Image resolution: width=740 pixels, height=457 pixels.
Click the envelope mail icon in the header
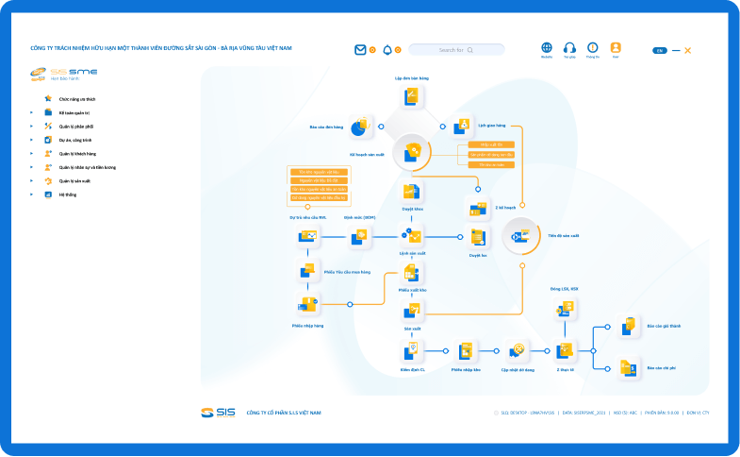[x=360, y=50]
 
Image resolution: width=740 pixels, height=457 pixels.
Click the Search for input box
[x=456, y=50]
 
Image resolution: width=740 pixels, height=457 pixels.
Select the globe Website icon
[x=547, y=47]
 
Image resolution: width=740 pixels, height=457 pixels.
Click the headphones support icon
[x=569, y=47]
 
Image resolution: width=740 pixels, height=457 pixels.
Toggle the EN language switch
[x=660, y=50]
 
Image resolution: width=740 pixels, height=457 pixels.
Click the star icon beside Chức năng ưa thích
[x=47, y=98]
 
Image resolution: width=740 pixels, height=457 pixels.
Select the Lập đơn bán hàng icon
[x=412, y=95]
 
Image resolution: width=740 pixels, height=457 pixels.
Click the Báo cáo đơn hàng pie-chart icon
[x=359, y=126]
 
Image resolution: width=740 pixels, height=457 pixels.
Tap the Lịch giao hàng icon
[x=463, y=125]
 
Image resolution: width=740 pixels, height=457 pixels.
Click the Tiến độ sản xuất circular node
[x=521, y=236]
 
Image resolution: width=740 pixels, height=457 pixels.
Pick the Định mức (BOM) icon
[x=359, y=236]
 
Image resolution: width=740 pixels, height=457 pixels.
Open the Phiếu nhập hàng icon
[x=307, y=304]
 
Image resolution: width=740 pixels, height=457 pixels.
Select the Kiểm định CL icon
[x=412, y=351]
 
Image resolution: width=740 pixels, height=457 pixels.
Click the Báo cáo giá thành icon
[x=629, y=327]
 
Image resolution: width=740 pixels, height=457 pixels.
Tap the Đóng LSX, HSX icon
[x=566, y=308]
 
